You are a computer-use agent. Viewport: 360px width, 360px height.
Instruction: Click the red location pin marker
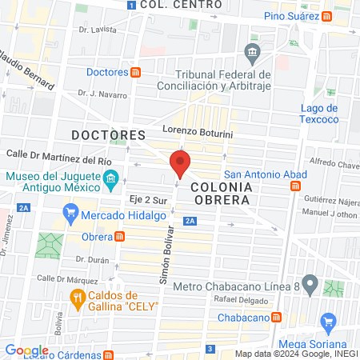tap(180, 165)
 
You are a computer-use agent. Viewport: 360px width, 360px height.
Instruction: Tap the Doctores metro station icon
tap(136, 72)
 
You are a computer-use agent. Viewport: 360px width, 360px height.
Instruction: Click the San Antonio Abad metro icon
tap(295, 186)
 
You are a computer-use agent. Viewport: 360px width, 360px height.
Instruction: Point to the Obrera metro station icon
tap(120, 237)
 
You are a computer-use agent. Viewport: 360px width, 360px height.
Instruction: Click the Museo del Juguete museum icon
tap(110, 178)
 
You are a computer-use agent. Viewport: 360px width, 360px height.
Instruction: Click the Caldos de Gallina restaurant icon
tap(78, 299)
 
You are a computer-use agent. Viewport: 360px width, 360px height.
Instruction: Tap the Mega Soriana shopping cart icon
tap(326, 323)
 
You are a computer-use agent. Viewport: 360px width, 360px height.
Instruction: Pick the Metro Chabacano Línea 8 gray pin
tap(310, 283)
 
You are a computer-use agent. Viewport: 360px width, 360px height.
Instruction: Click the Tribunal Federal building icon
tap(253, 55)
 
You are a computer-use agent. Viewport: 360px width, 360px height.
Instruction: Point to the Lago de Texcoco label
tap(320, 114)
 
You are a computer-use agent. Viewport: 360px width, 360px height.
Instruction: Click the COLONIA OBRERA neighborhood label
tap(221, 193)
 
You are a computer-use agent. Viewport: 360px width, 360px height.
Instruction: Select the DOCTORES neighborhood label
tap(108, 134)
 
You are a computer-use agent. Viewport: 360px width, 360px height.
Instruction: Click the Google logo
tap(26, 350)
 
